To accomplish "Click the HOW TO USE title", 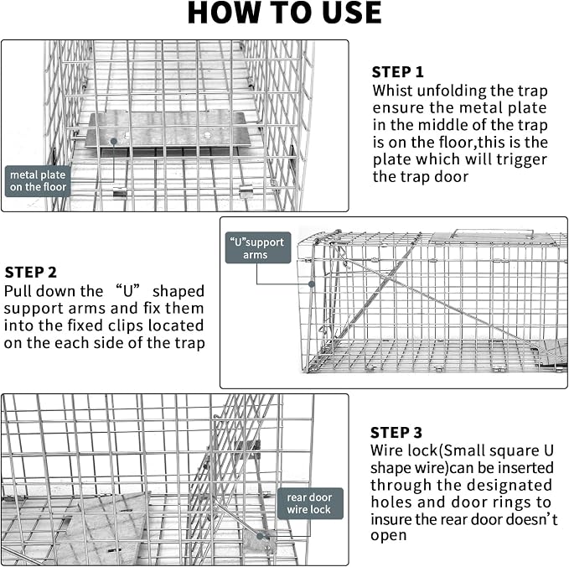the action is pos(284,13).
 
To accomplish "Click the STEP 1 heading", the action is pos(398,72).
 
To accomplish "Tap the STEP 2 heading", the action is pos(31,272).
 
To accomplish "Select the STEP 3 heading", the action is pos(396,433).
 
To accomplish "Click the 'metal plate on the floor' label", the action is pos(38,181).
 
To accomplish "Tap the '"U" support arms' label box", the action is pos(258,247).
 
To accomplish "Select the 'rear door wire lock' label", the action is pos(309,503).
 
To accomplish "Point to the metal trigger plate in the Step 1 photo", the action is pos(168,130).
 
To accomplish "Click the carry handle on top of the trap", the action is pos(493,233).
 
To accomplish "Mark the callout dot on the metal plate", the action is pos(114,141).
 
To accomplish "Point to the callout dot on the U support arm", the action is pos(312,284).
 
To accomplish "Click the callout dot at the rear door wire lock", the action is pos(260,536).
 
